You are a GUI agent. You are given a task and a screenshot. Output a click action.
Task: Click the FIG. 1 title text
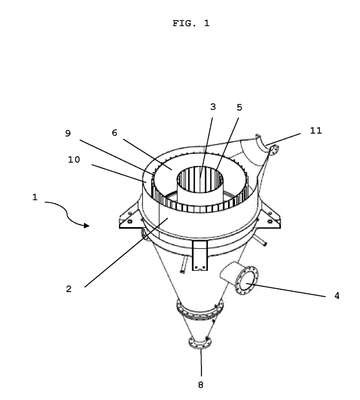[191, 23]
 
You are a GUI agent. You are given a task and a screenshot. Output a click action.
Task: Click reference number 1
[35, 197]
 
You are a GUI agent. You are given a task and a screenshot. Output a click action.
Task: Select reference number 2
[68, 289]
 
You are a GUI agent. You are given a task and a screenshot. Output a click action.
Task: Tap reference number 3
[213, 107]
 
